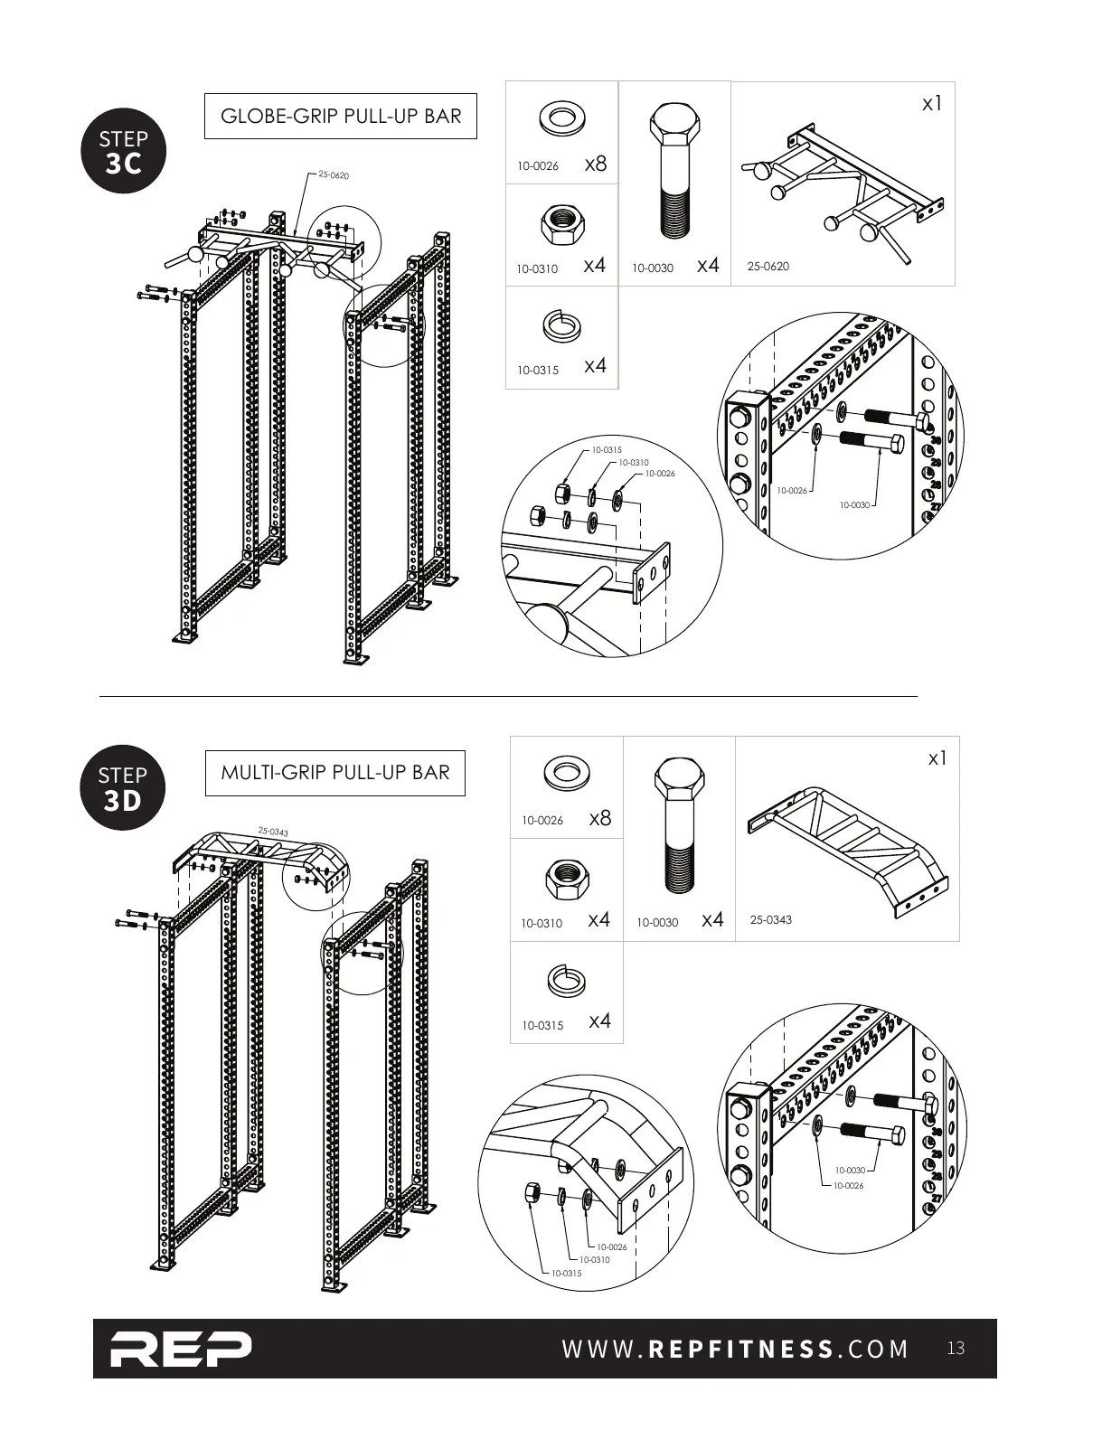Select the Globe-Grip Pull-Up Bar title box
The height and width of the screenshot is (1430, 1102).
(340, 116)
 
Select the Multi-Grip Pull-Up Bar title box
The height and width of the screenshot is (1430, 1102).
(334, 772)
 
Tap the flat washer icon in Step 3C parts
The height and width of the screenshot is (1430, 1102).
(561, 117)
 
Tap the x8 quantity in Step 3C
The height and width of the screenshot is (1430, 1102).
(596, 164)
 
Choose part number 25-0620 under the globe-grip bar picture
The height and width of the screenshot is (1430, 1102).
(768, 267)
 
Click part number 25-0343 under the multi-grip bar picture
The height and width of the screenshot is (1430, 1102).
(770, 920)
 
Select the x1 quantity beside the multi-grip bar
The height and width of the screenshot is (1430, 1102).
(937, 758)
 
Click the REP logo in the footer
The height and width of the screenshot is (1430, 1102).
(181, 1349)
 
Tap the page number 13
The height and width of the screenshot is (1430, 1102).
(956, 1349)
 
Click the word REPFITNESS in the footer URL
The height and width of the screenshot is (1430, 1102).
(741, 1350)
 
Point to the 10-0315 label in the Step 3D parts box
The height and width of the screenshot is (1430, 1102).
(542, 1026)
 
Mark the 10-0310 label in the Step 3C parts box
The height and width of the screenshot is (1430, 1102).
(537, 269)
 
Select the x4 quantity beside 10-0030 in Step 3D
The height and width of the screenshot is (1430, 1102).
(712, 920)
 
